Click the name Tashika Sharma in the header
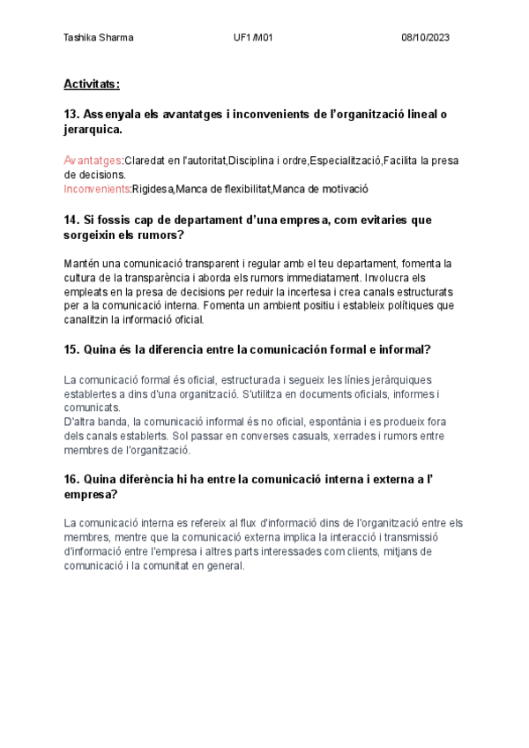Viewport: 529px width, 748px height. coord(99,37)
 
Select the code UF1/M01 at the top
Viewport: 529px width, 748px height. coord(253,37)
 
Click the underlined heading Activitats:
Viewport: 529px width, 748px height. coord(92,84)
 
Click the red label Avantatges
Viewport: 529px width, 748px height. coord(93,161)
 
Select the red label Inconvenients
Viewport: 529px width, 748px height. coord(97,188)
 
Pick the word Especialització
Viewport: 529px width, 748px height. coord(345,161)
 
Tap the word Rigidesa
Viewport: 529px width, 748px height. coord(153,188)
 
